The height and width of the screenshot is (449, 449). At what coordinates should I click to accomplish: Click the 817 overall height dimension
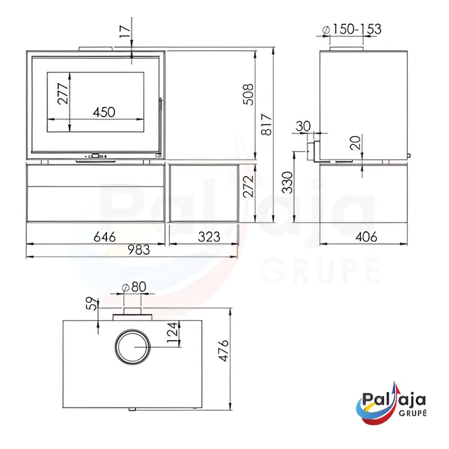(267, 124)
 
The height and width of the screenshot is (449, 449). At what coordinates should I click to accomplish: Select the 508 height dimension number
(248, 94)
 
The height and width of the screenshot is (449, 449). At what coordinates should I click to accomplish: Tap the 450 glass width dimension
(104, 112)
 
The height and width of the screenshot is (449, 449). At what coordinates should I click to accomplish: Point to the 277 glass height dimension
(63, 93)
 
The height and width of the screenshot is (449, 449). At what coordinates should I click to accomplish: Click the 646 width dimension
(105, 237)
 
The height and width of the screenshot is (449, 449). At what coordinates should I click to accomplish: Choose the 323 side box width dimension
(209, 237)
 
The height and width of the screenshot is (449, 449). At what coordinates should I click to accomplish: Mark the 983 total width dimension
(139, 250)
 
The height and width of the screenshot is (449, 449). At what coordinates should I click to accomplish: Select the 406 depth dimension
(366, 237)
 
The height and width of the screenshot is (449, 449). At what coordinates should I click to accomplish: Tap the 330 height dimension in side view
(287, 182)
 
